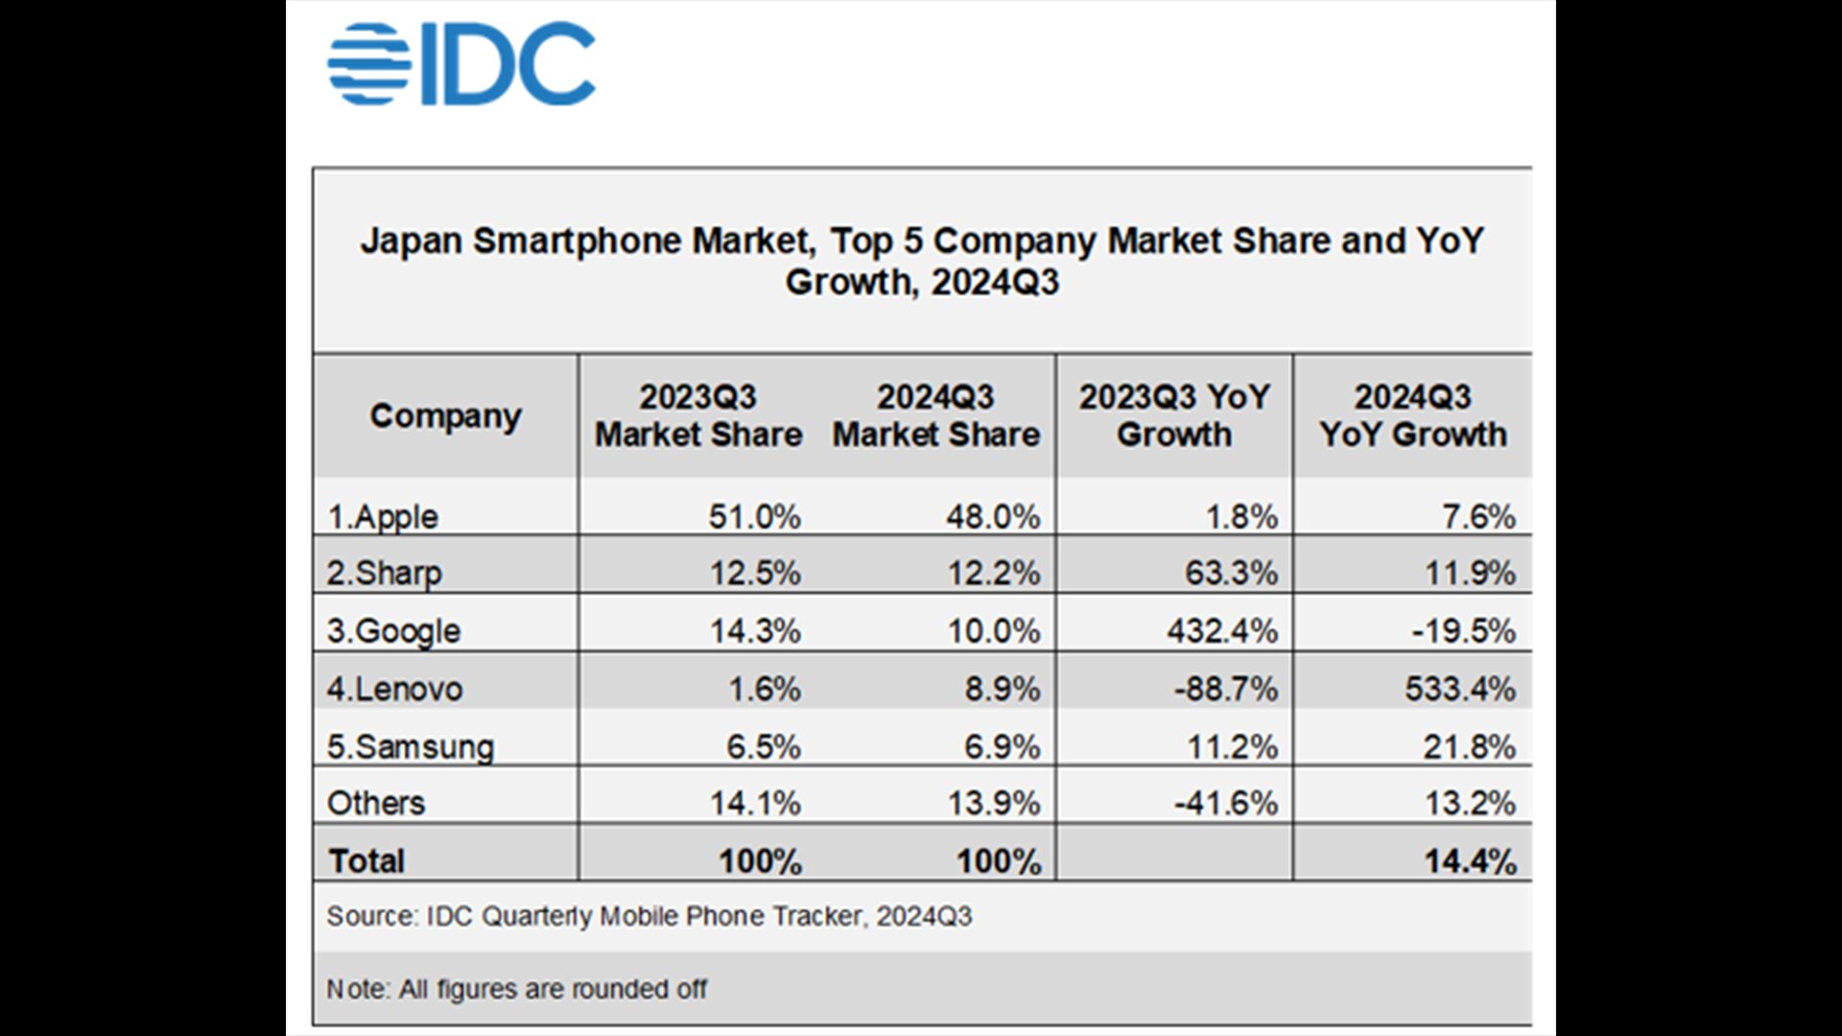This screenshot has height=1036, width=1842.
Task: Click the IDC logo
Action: pyautogui.click(x=461, y=64)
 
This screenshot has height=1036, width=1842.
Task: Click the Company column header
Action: pyautogui.click(x=446, y=416)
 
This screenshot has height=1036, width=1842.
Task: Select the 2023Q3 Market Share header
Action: pyautogui.click(x=698, y=416)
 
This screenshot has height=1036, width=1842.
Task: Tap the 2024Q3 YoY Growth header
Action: pyautogui.click(x=1412, y=416)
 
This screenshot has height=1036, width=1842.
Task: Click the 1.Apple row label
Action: pyautogui.click(x=383, y=517)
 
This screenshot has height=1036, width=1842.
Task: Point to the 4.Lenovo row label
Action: pyautogui.click(x=394, y=689)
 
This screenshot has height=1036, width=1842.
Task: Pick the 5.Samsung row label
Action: pyautogui.click(x=410, y=746)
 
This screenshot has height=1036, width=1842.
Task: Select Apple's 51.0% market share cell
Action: pyautogui.click(x=754, y=517)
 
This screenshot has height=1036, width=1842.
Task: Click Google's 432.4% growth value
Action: pyautogui.click(x=1222, y=631)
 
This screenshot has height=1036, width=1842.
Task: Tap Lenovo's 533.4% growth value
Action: pyautogui.click(x=1460, y=689)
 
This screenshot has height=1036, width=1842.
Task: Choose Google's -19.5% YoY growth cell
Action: pyautogui.click(x=1464, y=631)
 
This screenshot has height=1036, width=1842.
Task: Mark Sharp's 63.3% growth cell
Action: pyautogui.click(x=1231, y=574)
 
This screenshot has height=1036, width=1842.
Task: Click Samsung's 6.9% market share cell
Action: pyautogui.click(x=1002, y=746)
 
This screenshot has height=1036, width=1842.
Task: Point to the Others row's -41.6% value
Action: pyautogui.click(x=1226, y=803)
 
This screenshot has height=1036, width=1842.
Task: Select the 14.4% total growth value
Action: pyautogui.click(x=1470, y=861)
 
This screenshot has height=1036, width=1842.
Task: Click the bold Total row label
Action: pyautogui.click(x=366, y=861)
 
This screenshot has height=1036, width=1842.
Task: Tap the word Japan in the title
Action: pyautogui.click(x=411, y=241)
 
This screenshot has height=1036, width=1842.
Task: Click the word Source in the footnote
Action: pyautogui.click(x=370, y=916)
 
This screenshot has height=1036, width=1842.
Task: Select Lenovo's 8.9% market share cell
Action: pyautogui.click(x=1002, y=689)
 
